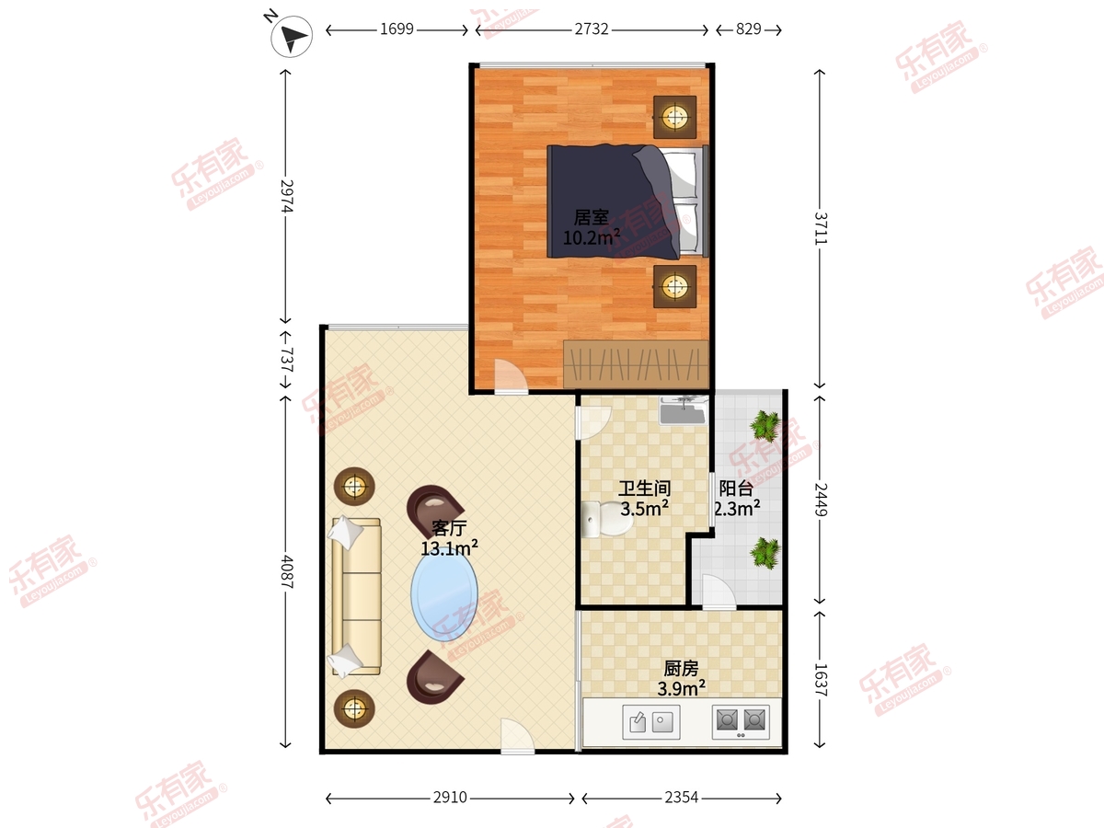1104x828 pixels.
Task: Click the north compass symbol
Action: click(x=292, y=36)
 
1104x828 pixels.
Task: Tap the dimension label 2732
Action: click(x=592, y=29)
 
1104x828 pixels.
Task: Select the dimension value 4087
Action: click(x=286, y=571)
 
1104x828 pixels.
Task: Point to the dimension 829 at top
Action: click(x=748, y=29)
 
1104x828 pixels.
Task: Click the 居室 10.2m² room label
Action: click(x=591, y=228)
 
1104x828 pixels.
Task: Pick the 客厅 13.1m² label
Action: click(x=449, y=538)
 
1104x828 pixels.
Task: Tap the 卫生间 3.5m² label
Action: click(x=644, y=499)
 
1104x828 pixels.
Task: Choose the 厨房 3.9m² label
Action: click(x=681, y=678)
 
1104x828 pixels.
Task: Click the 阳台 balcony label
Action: click(x=736, y=488)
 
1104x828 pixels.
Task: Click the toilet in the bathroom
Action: click(x=606, y=519)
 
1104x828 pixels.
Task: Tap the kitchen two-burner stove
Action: click(x=741, y=721)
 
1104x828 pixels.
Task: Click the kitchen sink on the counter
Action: click(x=651, y=722)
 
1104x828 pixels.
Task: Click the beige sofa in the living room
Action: click(x=354, y=596)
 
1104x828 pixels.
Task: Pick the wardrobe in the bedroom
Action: click(x=637, y=364)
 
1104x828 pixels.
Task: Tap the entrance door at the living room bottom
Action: click(x=518, y=736)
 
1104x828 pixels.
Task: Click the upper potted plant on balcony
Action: click(x=765, y=425)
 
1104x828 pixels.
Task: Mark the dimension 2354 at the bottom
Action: click(x=682, y=798)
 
